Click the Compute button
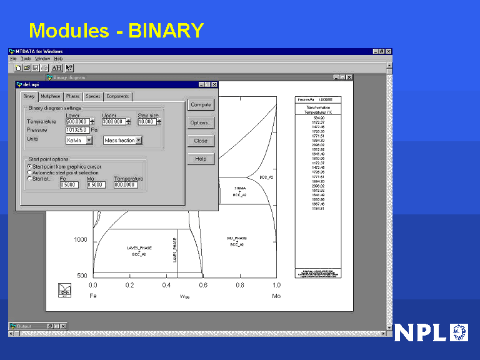coord(201,105)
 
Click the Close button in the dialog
coord(201,141)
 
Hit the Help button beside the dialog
coord(201,159)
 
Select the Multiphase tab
coord(51,96)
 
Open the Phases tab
coord(73,96)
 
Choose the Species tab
coord(93,96)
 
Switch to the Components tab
coord(117,96)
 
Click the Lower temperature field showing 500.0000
coord(77,122)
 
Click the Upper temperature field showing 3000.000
coord(114,122)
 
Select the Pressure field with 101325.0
coord(77,130)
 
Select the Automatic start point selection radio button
coord(29,172)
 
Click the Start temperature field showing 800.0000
coord(128,185)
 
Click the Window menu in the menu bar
coord(42,59)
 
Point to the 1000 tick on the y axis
coord(81,240)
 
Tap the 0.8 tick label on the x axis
coord(240,285)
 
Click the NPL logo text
coord(422,332)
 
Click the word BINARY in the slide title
coord(166,30)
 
